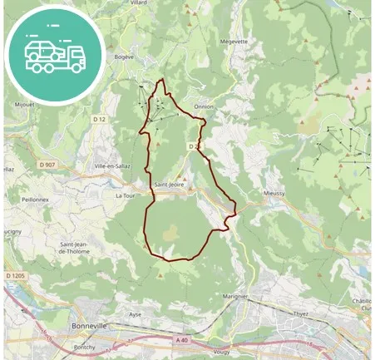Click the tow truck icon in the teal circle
pyautogui.click(x=55, y=55)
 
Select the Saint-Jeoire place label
pyautogui.click(x=170, y=184)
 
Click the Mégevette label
pyautogui.click(x=234, y=39)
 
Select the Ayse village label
pyautogui.click(x=135, y=315)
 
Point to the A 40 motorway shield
pyautogui.click(x=183, y=339)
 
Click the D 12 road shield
pyautogui.click(x=100, y=119)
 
